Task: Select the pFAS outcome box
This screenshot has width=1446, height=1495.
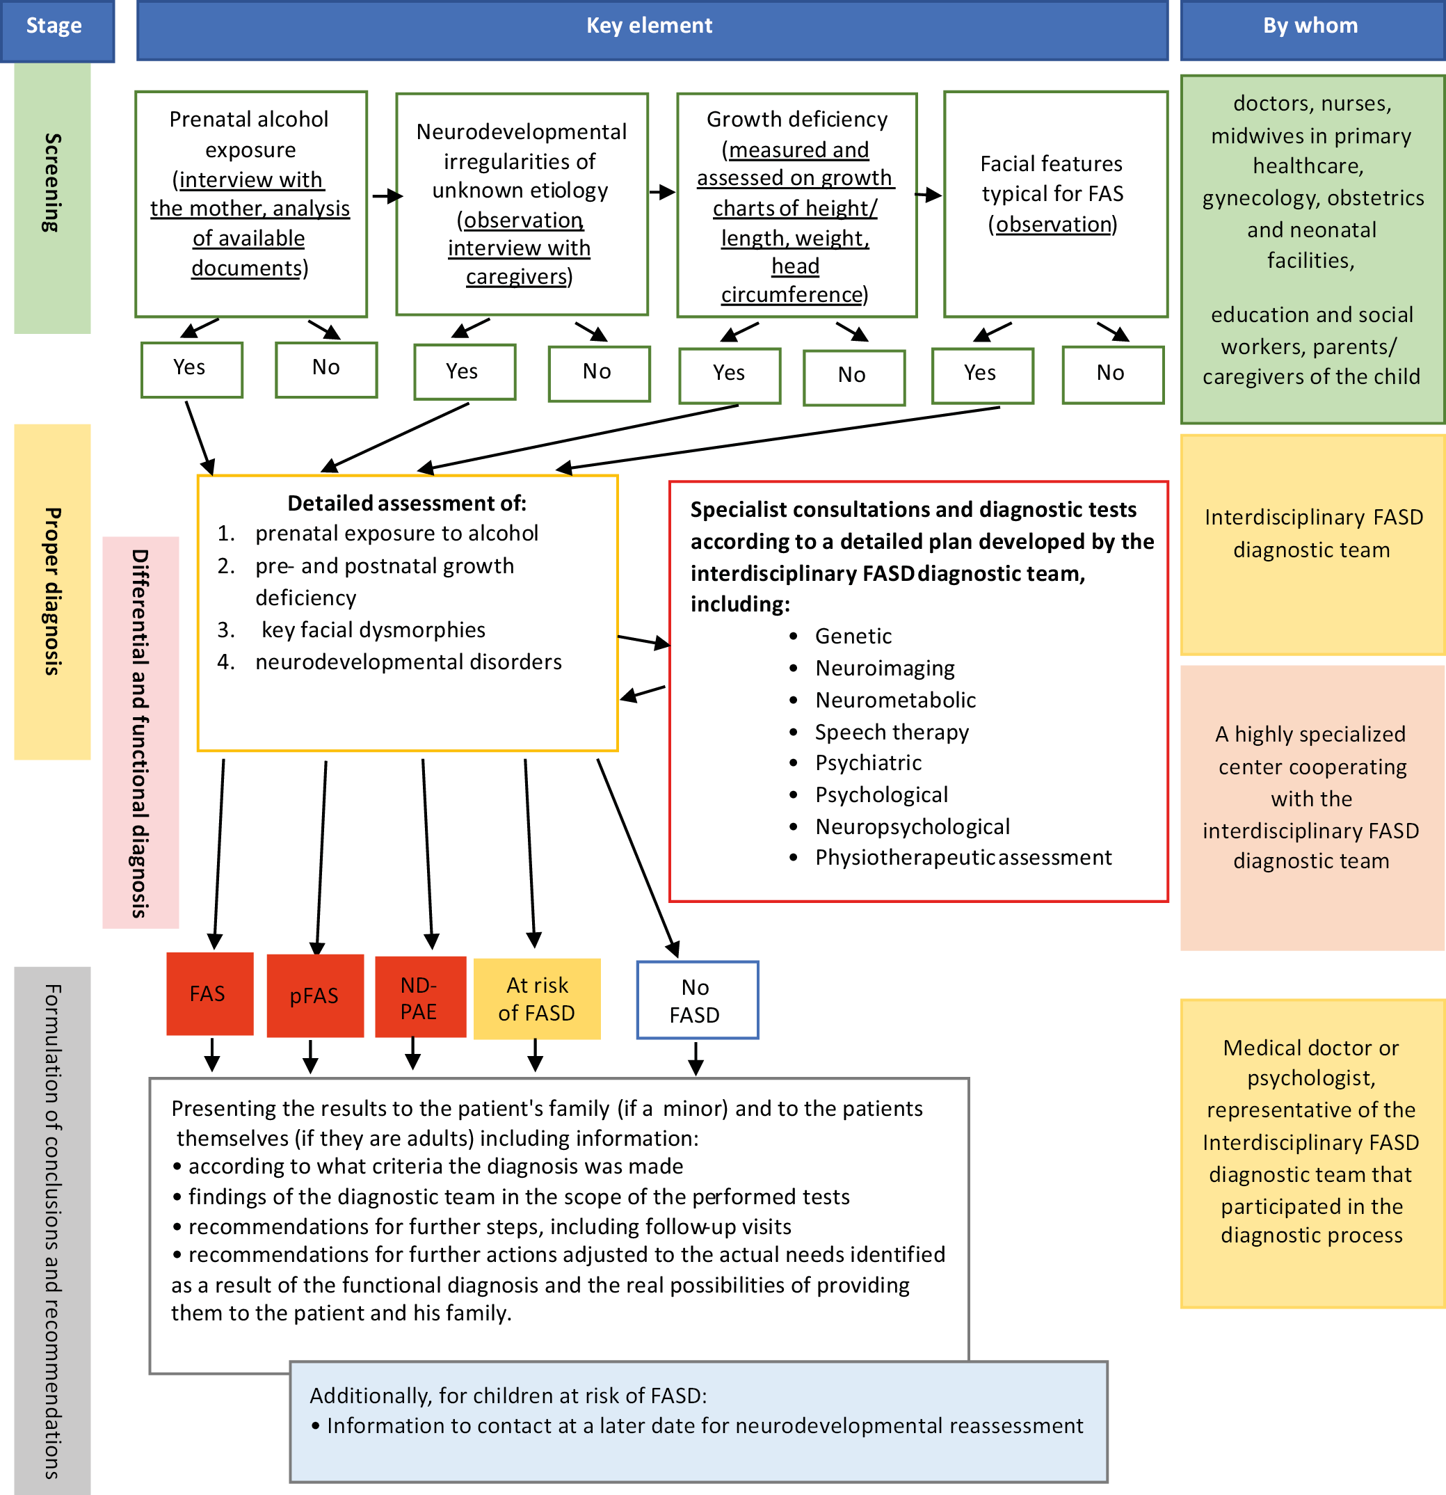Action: coord(314,996)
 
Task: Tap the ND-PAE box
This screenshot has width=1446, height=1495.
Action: coord(419,997)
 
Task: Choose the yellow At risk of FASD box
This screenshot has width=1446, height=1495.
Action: coord(537,998)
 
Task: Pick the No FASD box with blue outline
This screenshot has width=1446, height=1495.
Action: coord(696,1000)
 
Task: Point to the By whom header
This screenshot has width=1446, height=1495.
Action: coord(1310,26)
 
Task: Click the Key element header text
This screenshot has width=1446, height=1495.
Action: coord(649,26)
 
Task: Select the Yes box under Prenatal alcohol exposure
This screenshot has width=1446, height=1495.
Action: coord(191,369)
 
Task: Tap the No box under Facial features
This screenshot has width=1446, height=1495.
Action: coord(1112,374)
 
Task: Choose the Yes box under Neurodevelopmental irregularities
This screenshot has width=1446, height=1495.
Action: coord(464,372)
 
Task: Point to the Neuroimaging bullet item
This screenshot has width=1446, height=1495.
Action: coord(885,668)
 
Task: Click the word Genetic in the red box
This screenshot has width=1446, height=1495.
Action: coord(853,636)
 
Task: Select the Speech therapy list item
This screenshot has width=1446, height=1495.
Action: coord(892,733)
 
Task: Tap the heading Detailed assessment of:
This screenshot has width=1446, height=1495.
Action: coord(406,504)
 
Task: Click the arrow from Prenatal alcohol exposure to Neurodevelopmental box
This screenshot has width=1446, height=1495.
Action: coord(387,197)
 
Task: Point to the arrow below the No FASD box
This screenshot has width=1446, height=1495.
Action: coord(696,1059)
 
